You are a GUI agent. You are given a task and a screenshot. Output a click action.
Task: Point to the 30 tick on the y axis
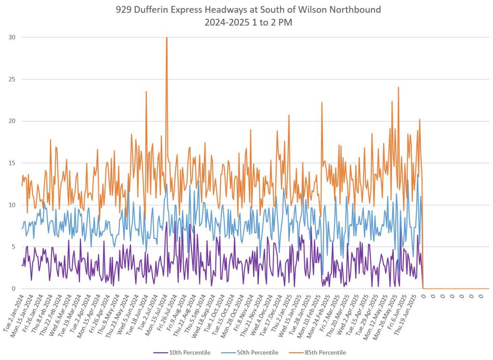click(11, 38)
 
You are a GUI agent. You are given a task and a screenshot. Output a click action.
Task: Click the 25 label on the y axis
click(11, 80)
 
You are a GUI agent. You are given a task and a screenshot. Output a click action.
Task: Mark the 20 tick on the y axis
click(11, 121)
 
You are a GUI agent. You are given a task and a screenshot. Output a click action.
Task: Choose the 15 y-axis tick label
click(11, 163)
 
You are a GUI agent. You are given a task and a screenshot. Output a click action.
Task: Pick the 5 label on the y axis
click(13, 247)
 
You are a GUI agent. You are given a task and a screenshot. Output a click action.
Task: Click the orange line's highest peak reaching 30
click(167, 39)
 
